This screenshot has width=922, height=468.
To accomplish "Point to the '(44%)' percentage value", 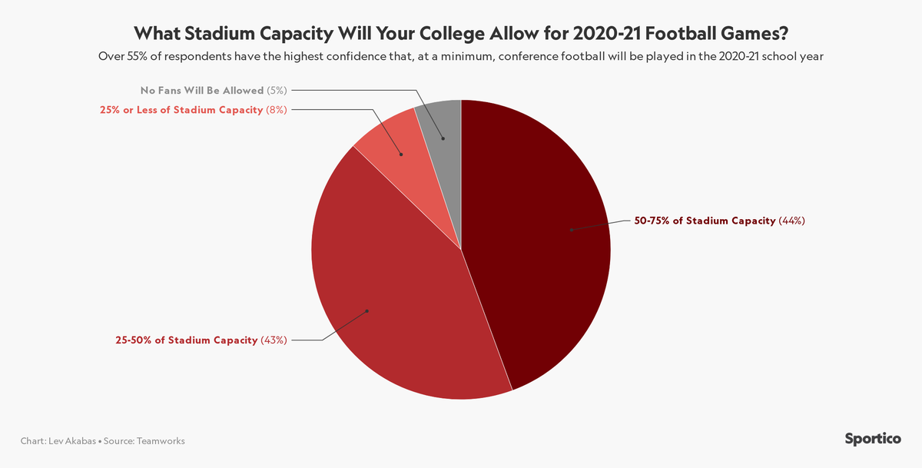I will point(791,221).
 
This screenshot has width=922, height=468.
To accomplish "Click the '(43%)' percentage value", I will point(274,340).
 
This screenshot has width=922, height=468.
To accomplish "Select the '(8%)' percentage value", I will point(276,110).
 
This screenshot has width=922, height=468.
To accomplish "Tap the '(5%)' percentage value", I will point(276,90).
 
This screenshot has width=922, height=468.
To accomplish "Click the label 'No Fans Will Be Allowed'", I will point(202,90).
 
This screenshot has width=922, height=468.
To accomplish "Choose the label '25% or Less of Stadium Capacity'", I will point(181,110).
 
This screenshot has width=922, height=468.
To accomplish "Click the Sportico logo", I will point(873,440).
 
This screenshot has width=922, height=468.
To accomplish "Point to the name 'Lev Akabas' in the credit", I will point(75,441).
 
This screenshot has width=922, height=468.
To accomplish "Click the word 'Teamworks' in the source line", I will point(161,441).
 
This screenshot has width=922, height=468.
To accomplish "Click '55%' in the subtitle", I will point(138,56).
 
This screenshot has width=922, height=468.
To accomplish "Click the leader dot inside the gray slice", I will point(443,139).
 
